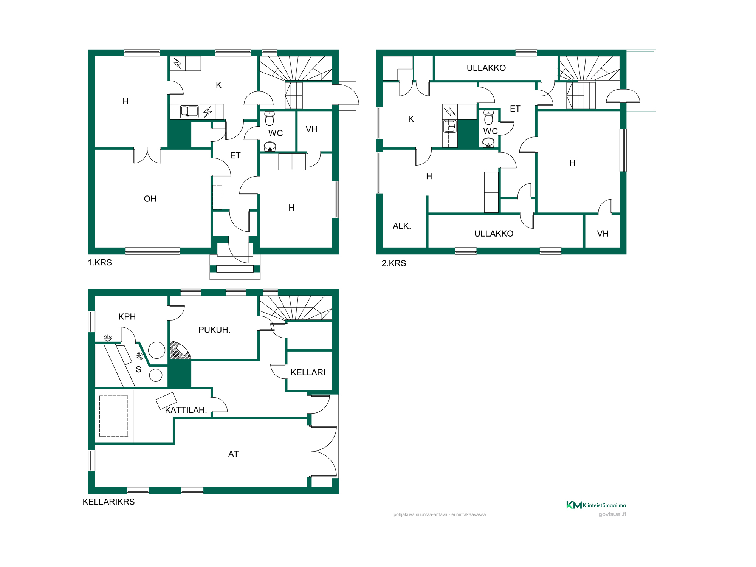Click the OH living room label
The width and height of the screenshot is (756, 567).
150,199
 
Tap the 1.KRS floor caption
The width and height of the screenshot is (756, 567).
100,262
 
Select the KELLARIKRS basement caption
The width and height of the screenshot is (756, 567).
109,502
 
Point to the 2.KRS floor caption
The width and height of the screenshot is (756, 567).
394,263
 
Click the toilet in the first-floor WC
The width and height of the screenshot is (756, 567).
270,118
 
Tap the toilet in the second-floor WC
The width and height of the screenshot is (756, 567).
489,117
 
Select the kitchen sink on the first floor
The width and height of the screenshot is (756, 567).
189,112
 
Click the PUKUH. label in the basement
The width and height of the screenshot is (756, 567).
214,330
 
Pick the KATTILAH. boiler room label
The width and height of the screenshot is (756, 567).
186,410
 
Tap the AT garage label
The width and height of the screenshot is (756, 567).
234,454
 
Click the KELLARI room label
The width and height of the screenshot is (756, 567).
308,372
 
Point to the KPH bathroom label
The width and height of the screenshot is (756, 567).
127,317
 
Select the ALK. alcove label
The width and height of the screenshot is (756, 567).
402,226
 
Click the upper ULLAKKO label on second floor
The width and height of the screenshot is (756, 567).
486,68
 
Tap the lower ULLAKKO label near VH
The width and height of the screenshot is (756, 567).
494,234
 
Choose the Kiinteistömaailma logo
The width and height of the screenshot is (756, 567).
596,505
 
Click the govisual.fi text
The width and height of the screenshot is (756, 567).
612,514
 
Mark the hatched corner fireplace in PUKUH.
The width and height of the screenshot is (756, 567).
179,351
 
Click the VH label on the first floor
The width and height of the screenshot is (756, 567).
311,129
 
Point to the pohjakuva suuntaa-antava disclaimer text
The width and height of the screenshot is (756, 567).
440,514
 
